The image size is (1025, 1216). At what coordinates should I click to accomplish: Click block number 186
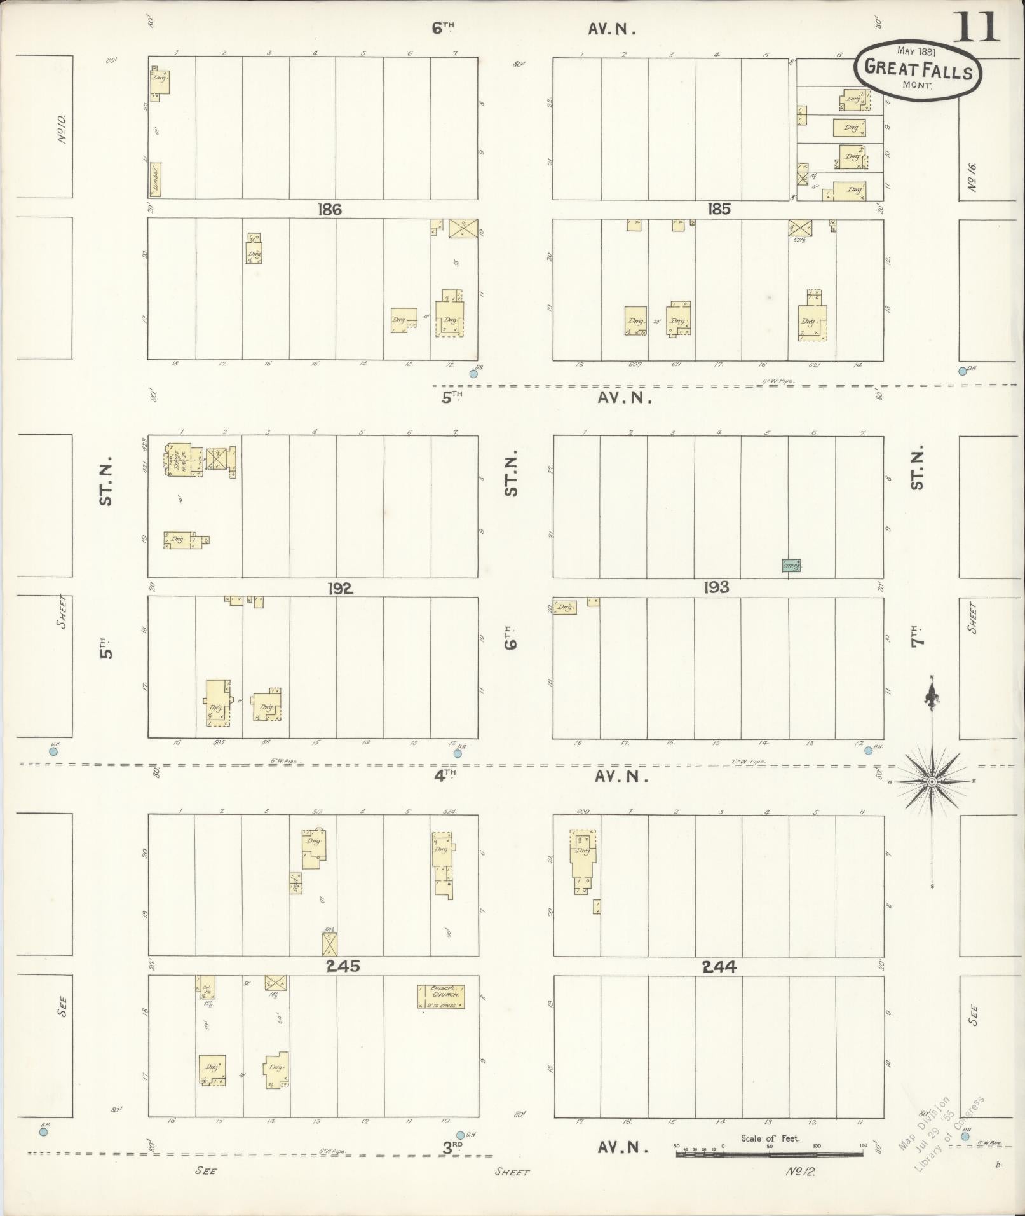(x=330, y=209)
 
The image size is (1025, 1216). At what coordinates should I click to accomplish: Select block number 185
(x=718, y=209)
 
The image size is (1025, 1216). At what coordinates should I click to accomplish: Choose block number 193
(x=716, y=588)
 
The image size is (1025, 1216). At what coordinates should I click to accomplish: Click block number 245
(x=343, y=966)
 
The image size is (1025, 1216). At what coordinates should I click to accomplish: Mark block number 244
(x=719, y=967)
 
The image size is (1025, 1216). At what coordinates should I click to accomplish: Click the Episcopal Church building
(x=441, y=996)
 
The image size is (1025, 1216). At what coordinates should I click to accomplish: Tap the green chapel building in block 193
(x=791, y=565)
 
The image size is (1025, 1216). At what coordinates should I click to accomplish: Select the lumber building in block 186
(x=155, y=179)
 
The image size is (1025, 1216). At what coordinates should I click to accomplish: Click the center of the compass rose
(x=931, y=781)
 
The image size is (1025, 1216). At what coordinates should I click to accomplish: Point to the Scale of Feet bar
(x=770, y=1153)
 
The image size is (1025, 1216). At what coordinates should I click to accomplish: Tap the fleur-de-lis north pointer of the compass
(x=932, y=698)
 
